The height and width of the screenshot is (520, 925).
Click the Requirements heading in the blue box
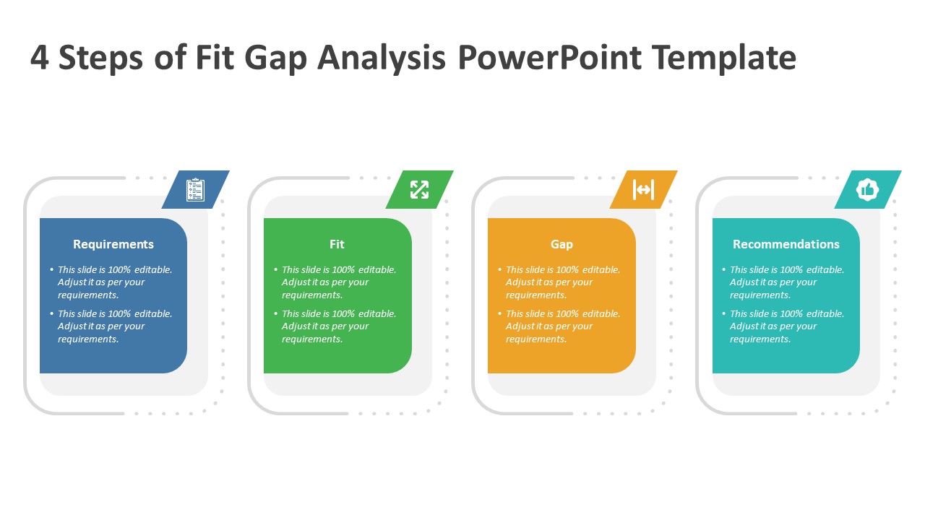[113, 244]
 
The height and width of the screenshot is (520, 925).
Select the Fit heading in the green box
[337, 244]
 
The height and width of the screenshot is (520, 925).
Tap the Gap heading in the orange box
[562, 244]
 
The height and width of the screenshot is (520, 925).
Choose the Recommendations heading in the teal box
[786, 244]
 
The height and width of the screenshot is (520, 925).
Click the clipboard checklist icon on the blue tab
[195, 190]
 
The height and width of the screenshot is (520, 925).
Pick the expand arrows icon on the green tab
[419, 190]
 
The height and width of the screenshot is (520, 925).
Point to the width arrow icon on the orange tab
[643, 190]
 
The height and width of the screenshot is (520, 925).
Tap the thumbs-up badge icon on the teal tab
[867, 190]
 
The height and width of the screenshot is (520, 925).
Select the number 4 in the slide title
[40, 58]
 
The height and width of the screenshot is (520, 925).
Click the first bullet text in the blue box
[114, 282]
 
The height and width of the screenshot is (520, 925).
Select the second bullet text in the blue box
[114, 326]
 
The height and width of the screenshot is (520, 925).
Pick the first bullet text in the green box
[338, 282]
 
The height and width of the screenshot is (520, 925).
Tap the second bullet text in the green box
[338, 326]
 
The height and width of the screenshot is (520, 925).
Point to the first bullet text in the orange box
[562, 282]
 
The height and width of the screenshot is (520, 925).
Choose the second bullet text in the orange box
[562, 326]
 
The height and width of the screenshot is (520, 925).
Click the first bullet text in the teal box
[786, 282]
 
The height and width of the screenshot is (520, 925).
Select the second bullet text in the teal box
[786, 326]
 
